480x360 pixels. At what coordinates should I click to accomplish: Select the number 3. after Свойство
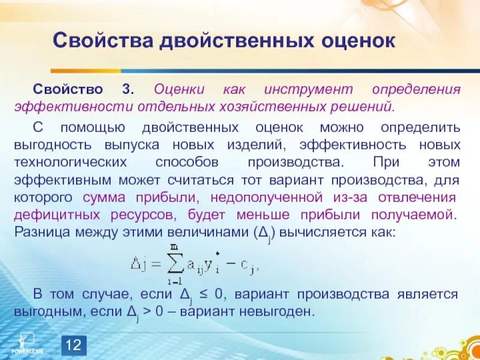tap(129, 90)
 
